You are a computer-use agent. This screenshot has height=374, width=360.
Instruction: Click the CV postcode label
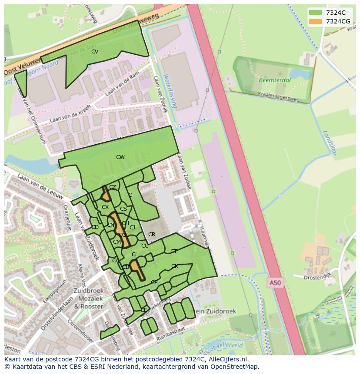pos(94,52)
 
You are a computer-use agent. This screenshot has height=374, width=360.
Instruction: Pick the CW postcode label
pos(120,157)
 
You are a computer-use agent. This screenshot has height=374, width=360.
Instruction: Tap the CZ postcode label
pos(113,187)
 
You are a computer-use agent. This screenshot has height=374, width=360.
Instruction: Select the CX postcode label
pos(105,207)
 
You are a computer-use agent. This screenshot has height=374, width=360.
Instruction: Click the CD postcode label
pos(95,227)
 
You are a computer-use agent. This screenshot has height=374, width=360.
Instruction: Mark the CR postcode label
pos(152,235)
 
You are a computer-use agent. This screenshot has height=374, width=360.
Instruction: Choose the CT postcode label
pos(173,252)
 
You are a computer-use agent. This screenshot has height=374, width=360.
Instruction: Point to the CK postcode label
pos(174,266)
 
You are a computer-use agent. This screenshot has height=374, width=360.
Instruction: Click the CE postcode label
pos(144,310)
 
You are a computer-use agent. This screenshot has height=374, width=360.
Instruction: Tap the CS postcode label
pos(123,209)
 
